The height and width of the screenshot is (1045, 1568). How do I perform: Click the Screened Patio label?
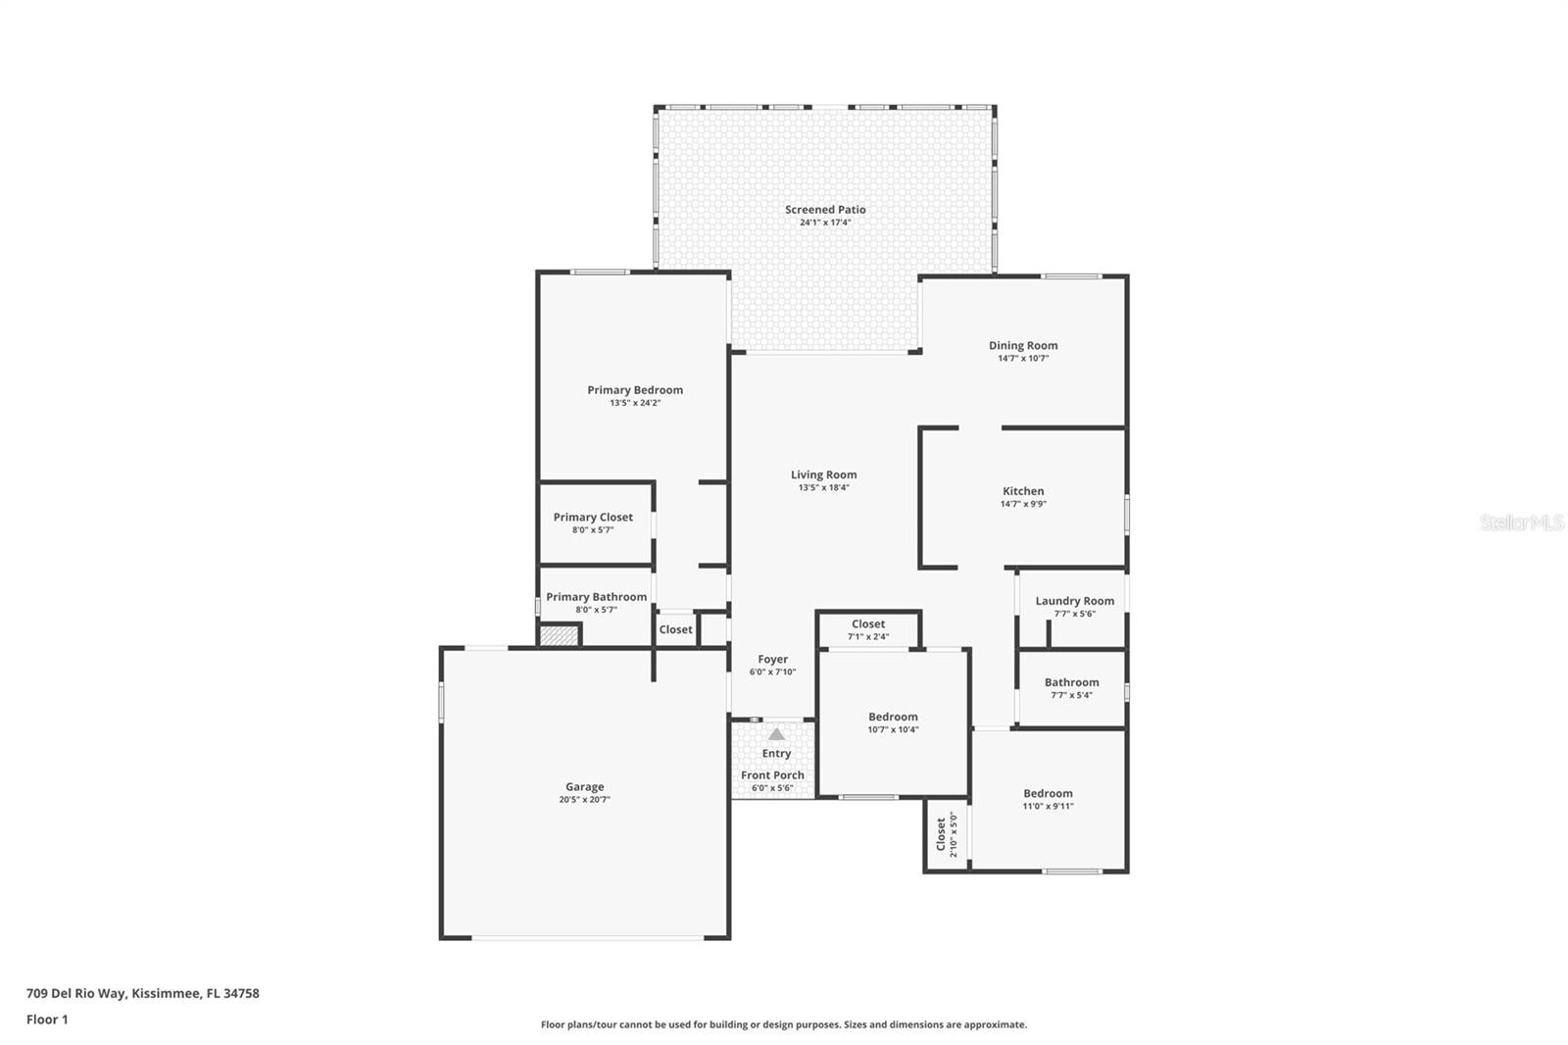coord(825,210)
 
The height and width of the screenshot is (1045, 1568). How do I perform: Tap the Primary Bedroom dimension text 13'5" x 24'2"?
coord(635,403)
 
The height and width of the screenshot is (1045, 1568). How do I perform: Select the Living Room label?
coord(824,474)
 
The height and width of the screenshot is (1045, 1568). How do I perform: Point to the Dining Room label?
coord(1023,345)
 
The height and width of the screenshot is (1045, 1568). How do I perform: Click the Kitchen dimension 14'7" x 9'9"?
coord(1023,504)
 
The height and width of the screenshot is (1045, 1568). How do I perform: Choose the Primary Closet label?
coord(593,517)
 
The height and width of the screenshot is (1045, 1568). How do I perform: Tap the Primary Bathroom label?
coord(597,597)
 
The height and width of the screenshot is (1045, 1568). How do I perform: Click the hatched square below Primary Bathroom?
coord(559,635)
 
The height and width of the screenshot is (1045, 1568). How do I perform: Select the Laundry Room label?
coord(1074,601)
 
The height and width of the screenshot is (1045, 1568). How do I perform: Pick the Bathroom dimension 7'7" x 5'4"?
coord(1072,695)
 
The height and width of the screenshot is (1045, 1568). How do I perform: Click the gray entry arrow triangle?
coord(776,734)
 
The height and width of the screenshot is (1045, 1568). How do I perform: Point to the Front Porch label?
coord(773,775)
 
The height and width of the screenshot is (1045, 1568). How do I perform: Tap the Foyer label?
coord(773,659)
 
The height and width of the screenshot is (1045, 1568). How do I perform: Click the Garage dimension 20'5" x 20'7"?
coord(584,799)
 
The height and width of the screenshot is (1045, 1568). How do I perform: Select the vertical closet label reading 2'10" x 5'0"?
coord(953,834)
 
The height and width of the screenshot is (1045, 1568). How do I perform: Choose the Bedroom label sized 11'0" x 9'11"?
coord(1048,794)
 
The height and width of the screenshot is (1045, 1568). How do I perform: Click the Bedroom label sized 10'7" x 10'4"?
coord(893,717)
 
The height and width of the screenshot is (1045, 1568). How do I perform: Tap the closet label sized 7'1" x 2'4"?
coord(868,624)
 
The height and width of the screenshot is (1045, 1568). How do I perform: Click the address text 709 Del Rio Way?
coord(76,993)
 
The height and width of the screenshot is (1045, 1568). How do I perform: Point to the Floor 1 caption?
coord(48,1020)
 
